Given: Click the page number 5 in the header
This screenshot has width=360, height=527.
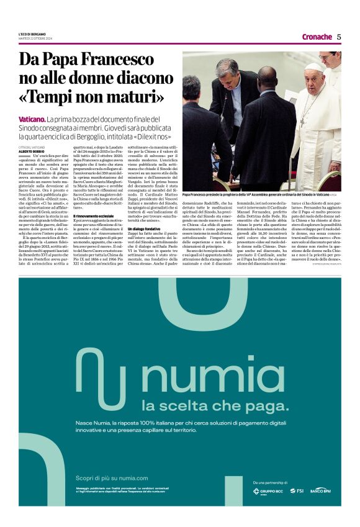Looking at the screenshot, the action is pyautogui.click(x=339, y=37).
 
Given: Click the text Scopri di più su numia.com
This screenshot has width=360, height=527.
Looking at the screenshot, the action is pyautogui.click(x=112, y=478).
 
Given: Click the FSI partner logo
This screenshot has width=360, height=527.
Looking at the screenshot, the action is pyautogui.click(x=296, y=491).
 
